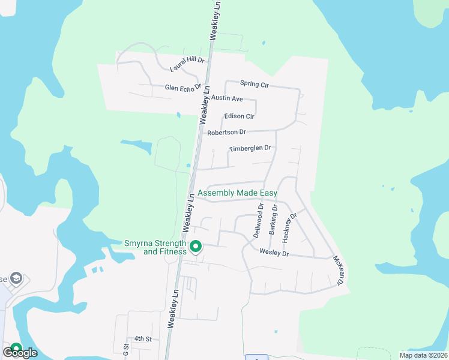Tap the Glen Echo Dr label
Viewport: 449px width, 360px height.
point(183,88)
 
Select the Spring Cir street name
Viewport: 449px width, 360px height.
point(254,84)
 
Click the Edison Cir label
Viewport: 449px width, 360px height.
point(239,116)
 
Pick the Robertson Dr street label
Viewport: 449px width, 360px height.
point(226,132)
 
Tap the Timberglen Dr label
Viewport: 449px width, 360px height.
point(250,148)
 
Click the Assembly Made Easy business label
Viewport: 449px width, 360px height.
point(237,193)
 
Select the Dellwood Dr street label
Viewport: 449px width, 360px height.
point(259,221)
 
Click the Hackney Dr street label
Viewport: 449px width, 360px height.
point(289,227)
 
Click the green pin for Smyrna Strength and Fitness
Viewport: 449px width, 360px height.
point(195,246)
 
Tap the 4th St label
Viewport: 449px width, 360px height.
point(143,339)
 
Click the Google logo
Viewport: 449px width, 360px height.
point(20,353)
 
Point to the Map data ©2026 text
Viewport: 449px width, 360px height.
point(423,355)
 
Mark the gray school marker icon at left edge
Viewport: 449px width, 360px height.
point(16,278)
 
